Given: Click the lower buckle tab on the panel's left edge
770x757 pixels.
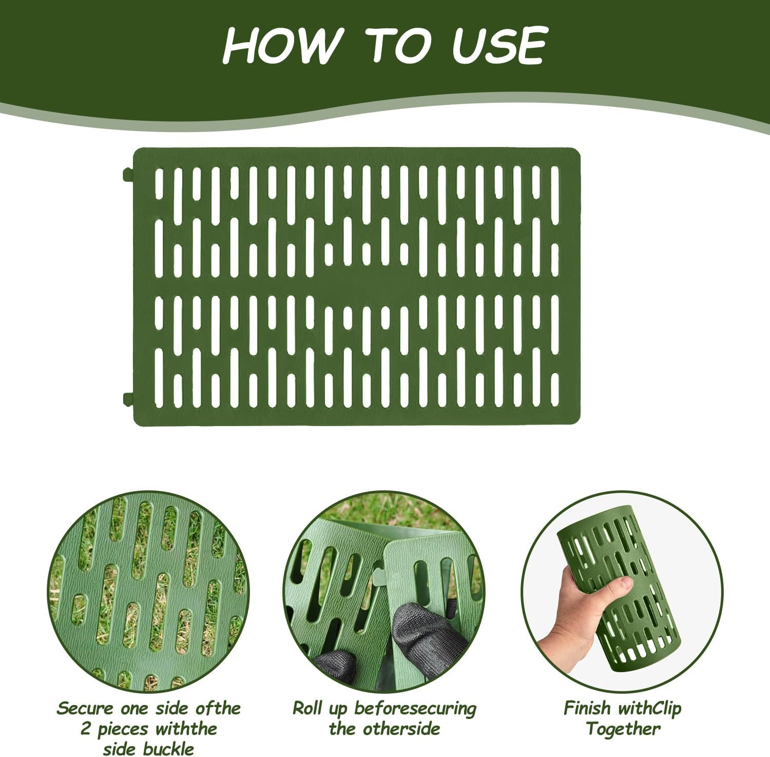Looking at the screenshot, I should (128, 398).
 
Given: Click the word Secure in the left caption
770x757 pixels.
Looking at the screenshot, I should (85, 708).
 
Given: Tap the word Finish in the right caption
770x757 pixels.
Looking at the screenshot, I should (588, 708).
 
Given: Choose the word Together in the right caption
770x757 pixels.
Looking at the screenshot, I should (623, 729).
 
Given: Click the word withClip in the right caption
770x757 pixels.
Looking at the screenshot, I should (649, 708).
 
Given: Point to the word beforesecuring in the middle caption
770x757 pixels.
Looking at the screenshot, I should (415, 708).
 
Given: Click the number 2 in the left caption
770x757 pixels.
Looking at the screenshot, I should (86, 729).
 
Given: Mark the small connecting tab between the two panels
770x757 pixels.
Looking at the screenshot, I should (377, 578).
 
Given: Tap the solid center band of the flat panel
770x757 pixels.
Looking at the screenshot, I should (357, 286).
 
